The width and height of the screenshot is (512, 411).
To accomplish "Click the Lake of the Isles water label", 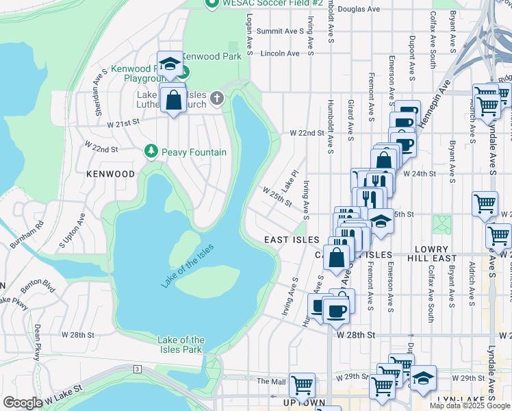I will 188,266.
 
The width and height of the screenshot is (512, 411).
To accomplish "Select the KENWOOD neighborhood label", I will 110,174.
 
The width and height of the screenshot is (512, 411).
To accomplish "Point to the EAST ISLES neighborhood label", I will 292,240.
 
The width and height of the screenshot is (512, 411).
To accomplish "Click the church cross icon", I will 217,97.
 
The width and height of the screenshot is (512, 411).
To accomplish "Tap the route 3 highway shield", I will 138,369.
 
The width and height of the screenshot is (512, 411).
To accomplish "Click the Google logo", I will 22,403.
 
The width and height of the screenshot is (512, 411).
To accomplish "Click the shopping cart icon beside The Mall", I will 302,384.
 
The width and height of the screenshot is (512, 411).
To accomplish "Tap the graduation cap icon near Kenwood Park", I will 169,64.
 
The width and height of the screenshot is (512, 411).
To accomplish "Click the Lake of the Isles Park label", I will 181,345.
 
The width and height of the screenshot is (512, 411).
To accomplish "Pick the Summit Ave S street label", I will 280,32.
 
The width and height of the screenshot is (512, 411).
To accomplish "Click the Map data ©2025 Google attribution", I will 470,406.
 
